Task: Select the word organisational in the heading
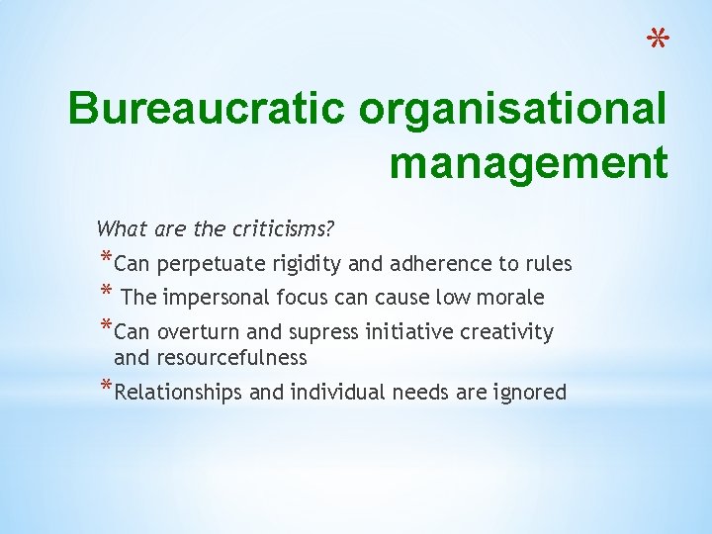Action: pyautogui.click(x=512, y=110)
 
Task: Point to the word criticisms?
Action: pyautogui.click(x=283, y=229)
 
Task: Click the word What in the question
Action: pyautogui.click(x=122, y=229)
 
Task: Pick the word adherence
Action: pyautogui.click(x=438, y=264)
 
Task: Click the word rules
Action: pyautogui.click(x=547, y=264)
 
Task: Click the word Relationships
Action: pyautogui.click(x=178, y=393)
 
